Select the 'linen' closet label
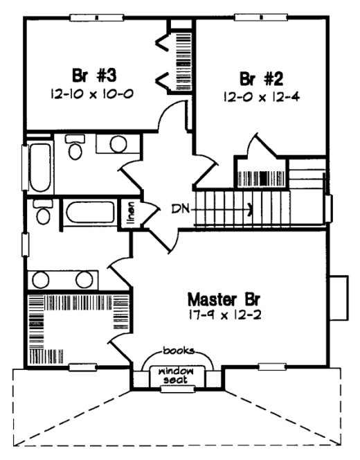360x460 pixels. pyautogui.click(x=130, y=213)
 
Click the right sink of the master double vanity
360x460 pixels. pyautogui.click(x=84, y=280)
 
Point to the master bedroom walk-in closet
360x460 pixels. pyautogui.click(x=69, y=329)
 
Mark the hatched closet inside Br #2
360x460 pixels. pyautogui.click(x=260, y=173)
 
